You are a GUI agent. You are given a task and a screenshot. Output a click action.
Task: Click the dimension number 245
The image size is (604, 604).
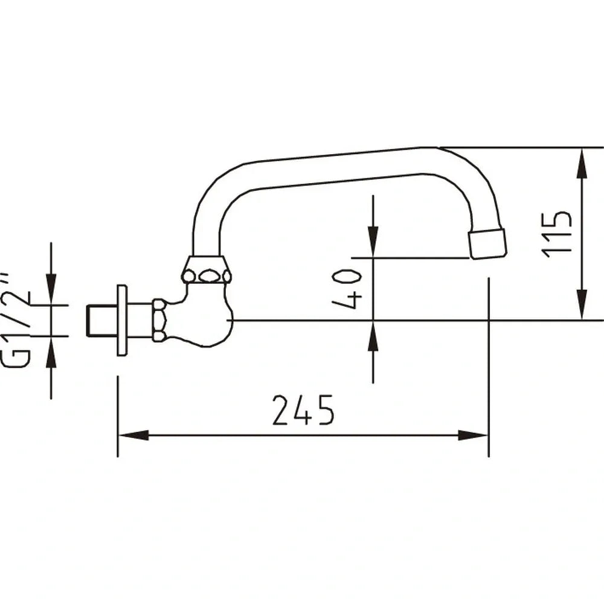point(303,411)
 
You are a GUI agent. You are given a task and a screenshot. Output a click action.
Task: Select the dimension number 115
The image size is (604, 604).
point(556,234)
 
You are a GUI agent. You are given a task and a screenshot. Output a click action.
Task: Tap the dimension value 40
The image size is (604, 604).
point(348,289)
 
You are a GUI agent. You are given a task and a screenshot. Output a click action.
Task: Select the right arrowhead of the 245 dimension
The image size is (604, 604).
point(474,435)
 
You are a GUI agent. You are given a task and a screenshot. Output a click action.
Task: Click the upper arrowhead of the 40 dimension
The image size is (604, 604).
point(373,242)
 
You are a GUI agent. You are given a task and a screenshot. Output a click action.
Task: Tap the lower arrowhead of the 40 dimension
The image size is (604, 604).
point(373,335)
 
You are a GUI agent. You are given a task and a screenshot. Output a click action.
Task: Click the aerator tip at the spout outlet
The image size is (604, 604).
point(487,243)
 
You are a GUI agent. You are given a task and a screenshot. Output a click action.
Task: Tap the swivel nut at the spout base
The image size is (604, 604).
point(207,270)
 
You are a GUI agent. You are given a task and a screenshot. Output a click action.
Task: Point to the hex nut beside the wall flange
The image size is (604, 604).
point(159,320)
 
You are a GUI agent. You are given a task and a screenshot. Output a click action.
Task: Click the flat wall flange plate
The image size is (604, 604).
point(122,320)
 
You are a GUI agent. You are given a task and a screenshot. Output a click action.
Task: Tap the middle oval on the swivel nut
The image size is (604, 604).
point(208,276)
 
